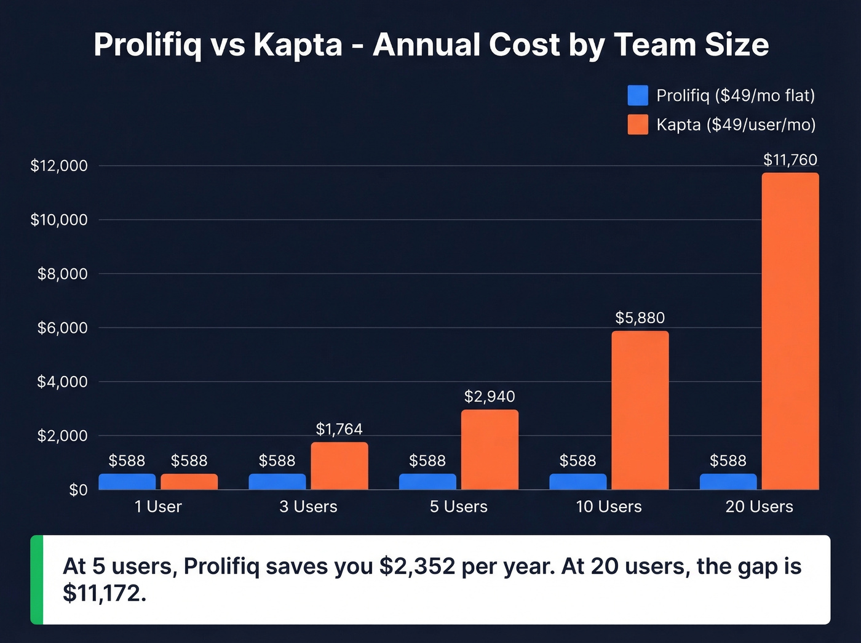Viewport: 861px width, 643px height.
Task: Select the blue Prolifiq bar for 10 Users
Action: tap(577, 482)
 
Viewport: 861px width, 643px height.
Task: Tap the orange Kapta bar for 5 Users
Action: tap(490, 450)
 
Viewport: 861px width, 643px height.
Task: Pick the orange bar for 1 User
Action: tap(189, 482)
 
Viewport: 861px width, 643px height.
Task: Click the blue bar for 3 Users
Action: tap(277, 482)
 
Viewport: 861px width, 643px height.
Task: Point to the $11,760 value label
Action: tap(790, 160)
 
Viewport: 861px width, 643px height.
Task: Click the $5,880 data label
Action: tap(640, 318)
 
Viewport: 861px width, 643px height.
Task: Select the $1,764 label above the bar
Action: tap(339, 429)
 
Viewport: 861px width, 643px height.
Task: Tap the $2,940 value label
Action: tap(490, 396)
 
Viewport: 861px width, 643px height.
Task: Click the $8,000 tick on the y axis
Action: tap(62, 274)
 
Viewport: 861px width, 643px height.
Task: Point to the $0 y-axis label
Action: tap(78, 490)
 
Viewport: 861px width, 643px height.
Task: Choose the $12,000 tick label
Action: tap(59, 166)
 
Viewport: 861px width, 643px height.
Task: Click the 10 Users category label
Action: tap(608, 506)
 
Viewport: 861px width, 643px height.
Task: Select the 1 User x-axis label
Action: tap(158, 506)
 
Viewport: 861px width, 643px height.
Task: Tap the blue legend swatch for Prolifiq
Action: tap(638, 95)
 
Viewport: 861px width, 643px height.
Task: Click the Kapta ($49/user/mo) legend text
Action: tap(736, 125)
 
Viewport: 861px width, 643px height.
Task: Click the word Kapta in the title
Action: tap(298, 45)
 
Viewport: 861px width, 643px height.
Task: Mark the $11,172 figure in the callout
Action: tap(104, 593)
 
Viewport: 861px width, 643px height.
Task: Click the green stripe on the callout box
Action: tap(37, 580)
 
